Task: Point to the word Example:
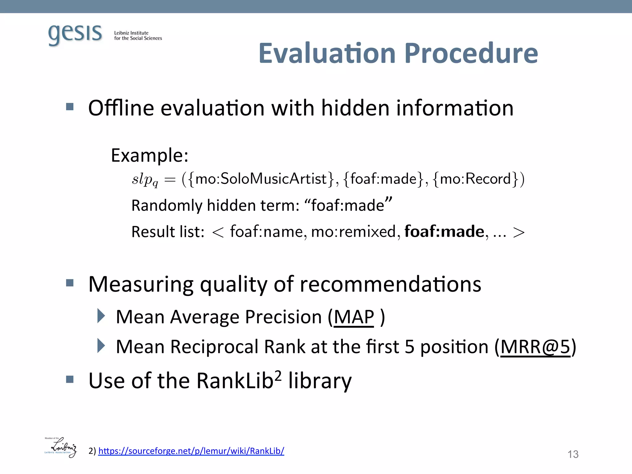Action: [x=149, y=155]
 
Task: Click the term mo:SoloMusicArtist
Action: [x=261, y=179]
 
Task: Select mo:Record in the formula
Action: [x=475, y=179]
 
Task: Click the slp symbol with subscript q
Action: [x=145, y=180]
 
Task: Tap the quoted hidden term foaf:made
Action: [x=348, y=205]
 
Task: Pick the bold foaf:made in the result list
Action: [x=444, y=231]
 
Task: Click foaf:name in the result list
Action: [x=267, y=232]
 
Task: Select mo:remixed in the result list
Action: [x=353, y=232]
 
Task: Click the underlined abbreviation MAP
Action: [x=354, y=317]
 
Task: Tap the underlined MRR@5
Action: [x=535, y=347]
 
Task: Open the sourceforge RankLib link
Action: [x=191, y=451]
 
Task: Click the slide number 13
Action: [x=573, y=454]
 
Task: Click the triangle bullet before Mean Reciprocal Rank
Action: [x=101, y=346]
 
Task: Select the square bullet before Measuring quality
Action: [x=70, y=283]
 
